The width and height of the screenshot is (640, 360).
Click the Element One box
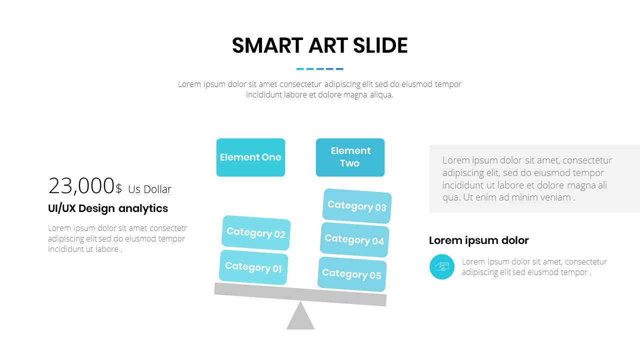(x=250, y=157)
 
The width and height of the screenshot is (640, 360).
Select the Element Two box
(x=350, y=157)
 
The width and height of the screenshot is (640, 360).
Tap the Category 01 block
(x=253, y=267)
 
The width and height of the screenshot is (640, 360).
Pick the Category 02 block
(x=256, y=233)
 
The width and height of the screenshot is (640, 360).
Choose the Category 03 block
(x=357, y=206)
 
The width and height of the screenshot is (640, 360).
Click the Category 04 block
(x=354, y=239)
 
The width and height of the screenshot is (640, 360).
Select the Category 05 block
(x=352, y=274)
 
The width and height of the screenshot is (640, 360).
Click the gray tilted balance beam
(x=300, y=294)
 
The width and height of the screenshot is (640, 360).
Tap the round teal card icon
(x=441, y=266)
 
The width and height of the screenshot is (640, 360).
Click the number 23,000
(x=81, y=186)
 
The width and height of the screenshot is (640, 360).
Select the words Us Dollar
(x=149, y=189)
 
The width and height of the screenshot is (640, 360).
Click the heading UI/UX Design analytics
(x=108, y=208)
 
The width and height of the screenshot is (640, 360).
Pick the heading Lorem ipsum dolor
(x=479, y=240)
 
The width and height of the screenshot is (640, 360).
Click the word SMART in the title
(x=267, y=45)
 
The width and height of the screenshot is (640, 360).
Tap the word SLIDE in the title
(x=380, y=45)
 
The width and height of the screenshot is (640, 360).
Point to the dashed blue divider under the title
(x=319, y=69)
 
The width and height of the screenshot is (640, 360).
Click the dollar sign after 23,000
(x=118, y=189)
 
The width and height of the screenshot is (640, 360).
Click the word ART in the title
(x=328, y=45)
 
